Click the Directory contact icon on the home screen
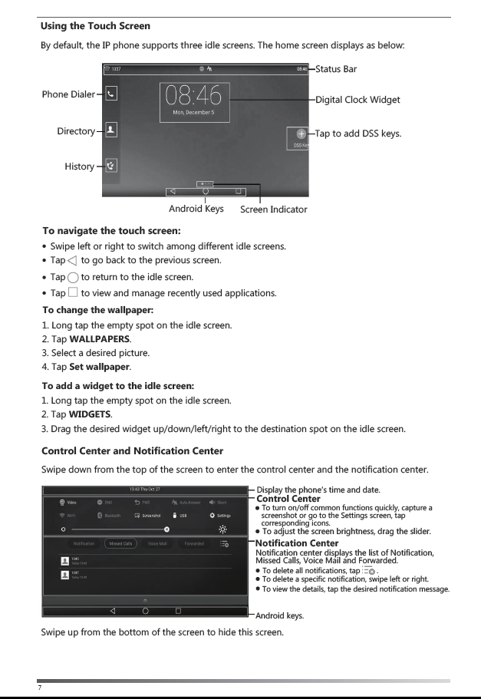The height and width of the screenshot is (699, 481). (111, 130)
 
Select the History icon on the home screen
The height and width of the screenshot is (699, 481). (111, 166)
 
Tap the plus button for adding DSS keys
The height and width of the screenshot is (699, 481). (301, 134)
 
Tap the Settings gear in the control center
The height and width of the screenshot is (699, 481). (219, 515)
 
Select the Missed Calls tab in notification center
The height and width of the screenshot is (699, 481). (122, 543)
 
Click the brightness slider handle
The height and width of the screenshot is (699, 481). (167, 529)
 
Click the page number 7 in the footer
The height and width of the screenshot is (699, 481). (39, 688)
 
